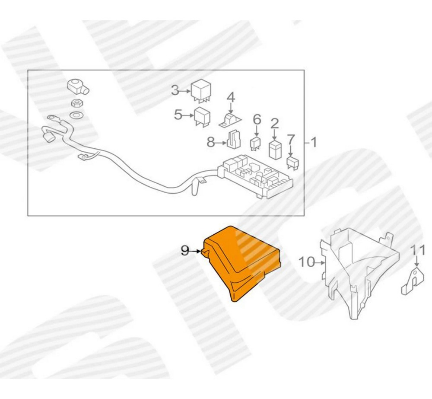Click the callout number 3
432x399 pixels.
(175, 91)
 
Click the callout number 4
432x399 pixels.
(231, 97)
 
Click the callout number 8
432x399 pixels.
(211, 141)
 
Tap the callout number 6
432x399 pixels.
(257, 118)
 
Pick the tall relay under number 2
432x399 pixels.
(275, 149)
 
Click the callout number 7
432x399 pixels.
(291, 140)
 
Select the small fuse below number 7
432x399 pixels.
(292, 163)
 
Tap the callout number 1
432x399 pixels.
(314, 142)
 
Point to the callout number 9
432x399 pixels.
(184, 250)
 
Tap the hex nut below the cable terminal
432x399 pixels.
(77, 104)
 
